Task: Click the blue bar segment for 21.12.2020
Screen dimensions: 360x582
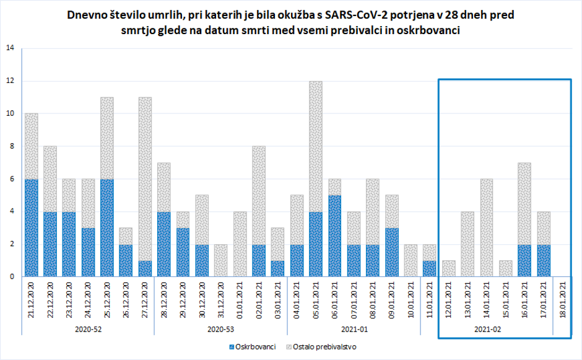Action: click(x=31, y=227)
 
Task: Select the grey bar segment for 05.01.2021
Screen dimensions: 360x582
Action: click(x=316, y=146)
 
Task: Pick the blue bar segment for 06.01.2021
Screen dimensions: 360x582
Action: click(x=335, y=235)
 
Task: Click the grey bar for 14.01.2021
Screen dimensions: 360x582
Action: click(x=487, y=227)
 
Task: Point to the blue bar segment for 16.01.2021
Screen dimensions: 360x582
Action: click(x=524, y=260)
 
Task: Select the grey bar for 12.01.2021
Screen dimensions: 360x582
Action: click(x=449, y=268)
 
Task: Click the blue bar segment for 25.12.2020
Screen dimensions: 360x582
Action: click(x=107, y=227)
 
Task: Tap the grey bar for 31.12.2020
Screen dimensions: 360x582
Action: click(x=221, y=260)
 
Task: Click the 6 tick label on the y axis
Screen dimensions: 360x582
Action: click(x=10, y=179)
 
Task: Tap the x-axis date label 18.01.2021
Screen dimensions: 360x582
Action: click(x=562, y=299)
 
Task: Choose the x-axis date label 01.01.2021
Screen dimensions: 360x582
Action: click(x=240, y=299)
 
